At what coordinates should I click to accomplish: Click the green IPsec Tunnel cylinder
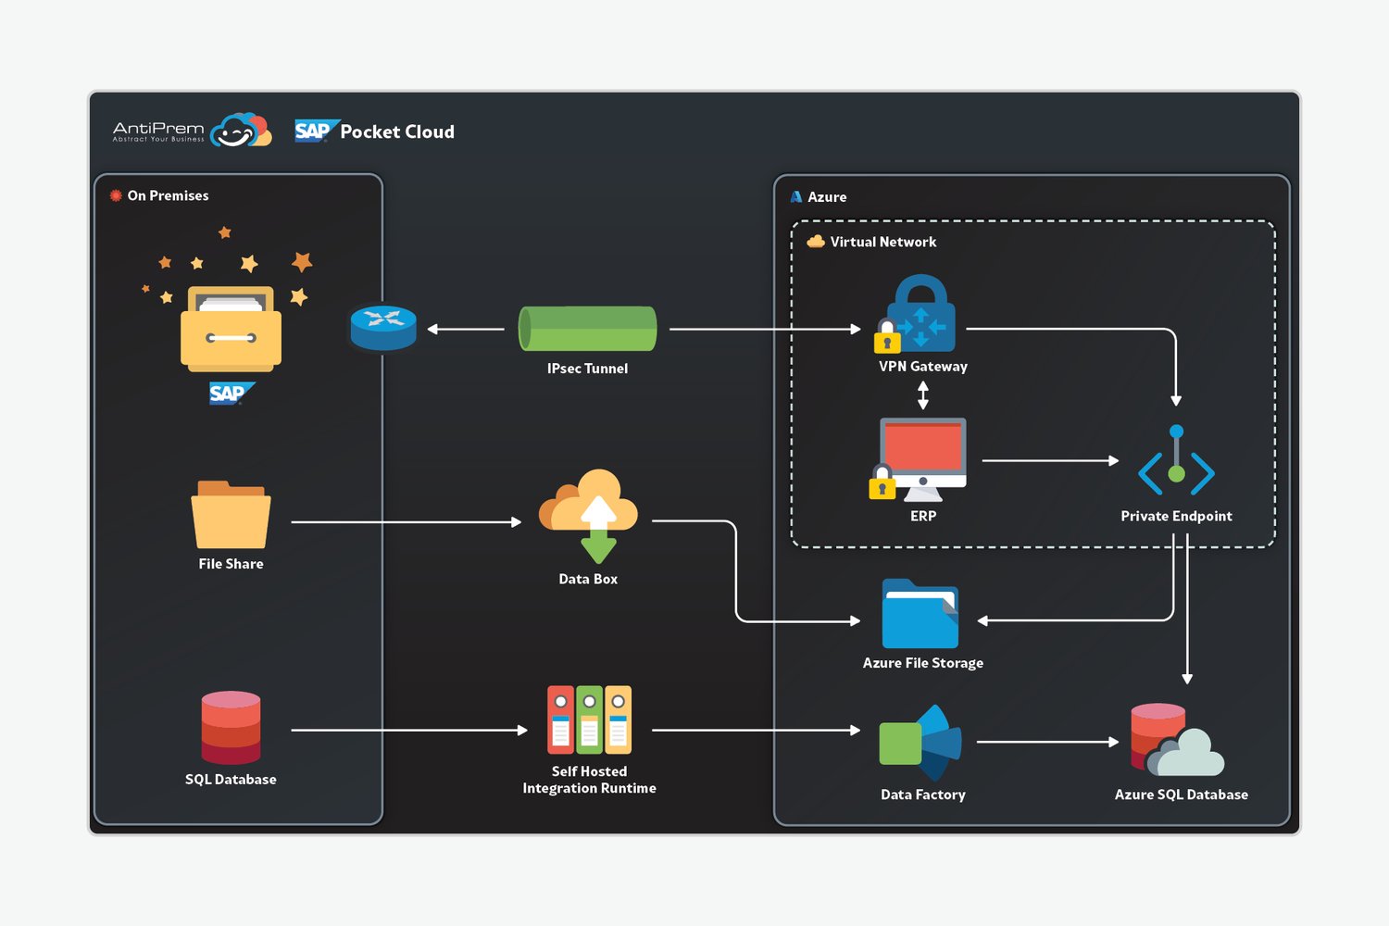[x=588, y=329]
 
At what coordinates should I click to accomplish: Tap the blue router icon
[x=383, y=328]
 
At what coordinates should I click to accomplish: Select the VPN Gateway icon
[x=916, y=314]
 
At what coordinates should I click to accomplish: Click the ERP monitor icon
[x=919, y=459]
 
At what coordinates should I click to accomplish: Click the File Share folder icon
[x=231, y=514]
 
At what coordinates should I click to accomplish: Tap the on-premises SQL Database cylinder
[x=231, y=727]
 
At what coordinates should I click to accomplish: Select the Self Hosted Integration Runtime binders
[x=589, y=720]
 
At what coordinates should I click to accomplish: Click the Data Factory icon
[x=920, y=743]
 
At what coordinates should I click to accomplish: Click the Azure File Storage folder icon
[x=920, y=613]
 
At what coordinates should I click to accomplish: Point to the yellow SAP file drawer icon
[x=231, y=328]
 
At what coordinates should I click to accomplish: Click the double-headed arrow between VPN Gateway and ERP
[x=922, y=395]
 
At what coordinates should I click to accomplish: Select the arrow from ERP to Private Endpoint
[x=1050, y=460]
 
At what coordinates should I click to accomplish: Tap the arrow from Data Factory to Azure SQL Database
[x=1047, y=741]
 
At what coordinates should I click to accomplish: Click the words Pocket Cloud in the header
[x=397, y=131]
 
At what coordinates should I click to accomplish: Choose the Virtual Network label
[x=883, y=242]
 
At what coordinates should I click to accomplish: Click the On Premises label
[x=168, y=195]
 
